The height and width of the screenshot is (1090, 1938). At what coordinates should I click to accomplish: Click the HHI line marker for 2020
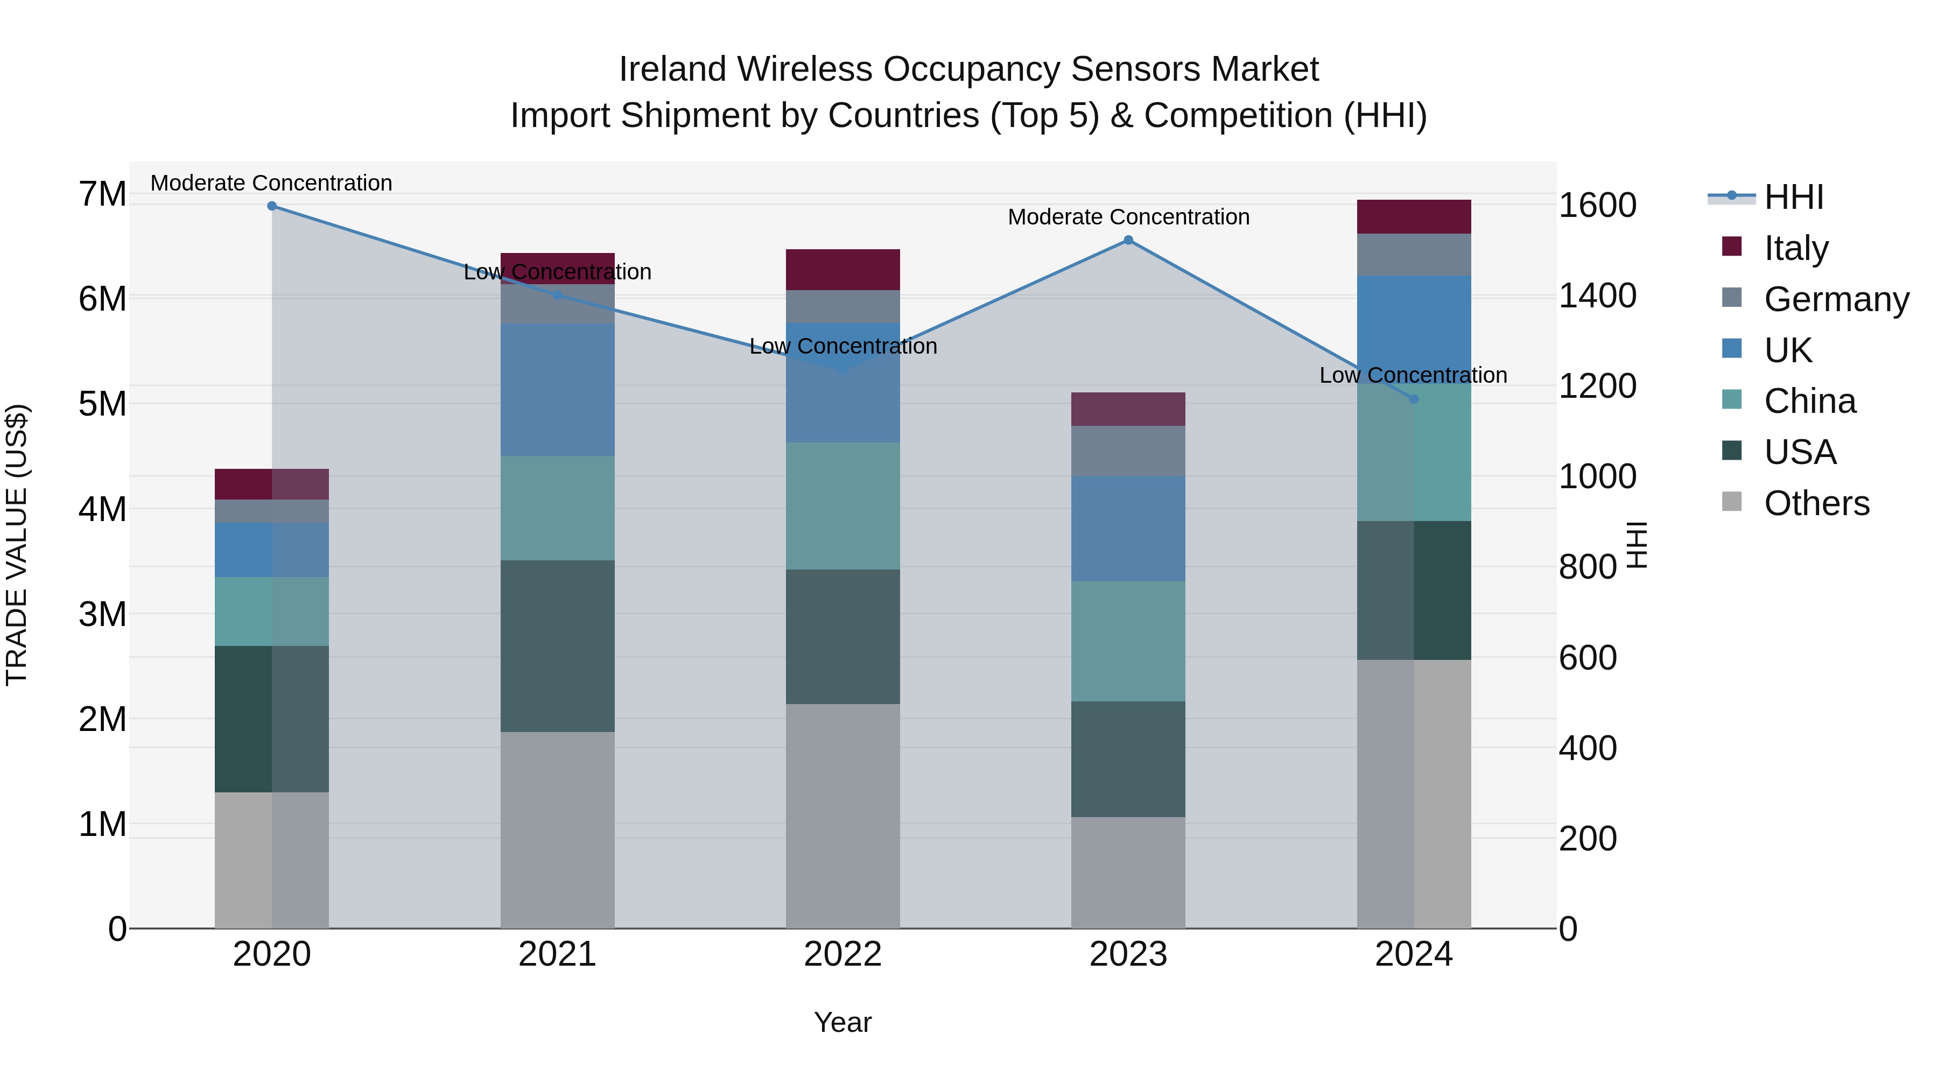click(x=272, y=206)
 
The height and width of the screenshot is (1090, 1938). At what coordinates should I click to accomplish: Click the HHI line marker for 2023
click(x=1128, y=240)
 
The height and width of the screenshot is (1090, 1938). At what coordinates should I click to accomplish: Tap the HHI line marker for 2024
click(x=1414, y=399)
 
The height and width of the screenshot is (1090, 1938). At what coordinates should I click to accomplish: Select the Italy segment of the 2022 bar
click(x=842, y=269)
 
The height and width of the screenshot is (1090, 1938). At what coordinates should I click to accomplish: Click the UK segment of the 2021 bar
click(x=558, y=390)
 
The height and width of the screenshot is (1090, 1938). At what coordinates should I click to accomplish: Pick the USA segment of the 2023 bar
click(x=1128, y=759)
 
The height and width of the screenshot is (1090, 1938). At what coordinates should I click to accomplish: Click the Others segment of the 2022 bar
click(x=842, y=815)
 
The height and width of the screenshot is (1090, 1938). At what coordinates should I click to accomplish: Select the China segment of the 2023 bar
click(x=1128, y=641)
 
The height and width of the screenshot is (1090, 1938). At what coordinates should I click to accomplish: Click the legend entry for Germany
click(x=1836, y=299)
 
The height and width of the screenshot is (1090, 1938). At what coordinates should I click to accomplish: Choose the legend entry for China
click(x=1809, y=401)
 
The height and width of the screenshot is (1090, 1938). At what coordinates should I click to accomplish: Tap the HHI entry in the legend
click(x=1794, y=197)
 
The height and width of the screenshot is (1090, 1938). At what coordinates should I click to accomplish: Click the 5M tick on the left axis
click(x=102, y=404)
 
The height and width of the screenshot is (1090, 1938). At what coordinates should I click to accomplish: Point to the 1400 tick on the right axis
click(x=1597, y=296)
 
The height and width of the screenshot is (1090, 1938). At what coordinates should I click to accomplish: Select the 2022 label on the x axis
click(x=842, y=954)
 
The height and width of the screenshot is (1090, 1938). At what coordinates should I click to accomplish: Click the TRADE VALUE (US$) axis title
click(x=17, y=545)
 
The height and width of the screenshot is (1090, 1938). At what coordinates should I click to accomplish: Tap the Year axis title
click(x=842, y=1022)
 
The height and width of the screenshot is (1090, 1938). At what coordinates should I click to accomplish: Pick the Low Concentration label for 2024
click(x=1413, y=375)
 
